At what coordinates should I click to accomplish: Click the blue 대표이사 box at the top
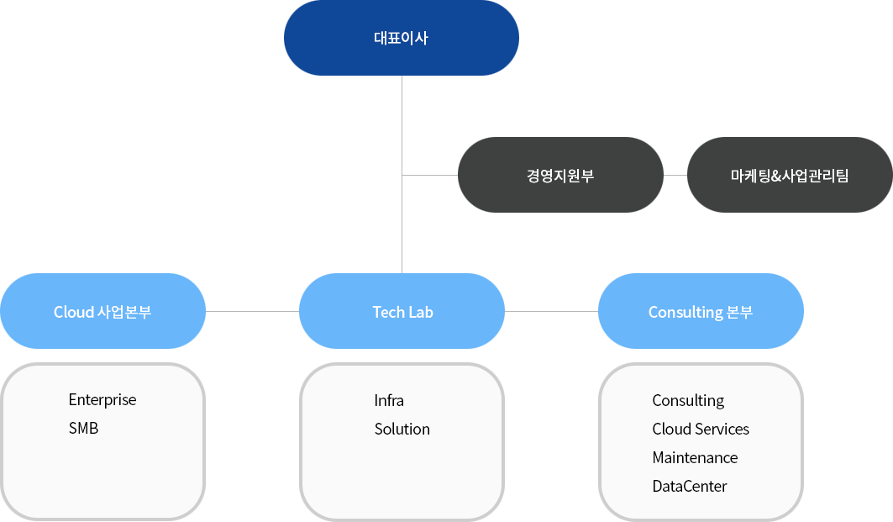(401, 38)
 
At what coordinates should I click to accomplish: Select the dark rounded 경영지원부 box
(560, 176)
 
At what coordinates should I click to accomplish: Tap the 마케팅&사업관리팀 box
(790, 176)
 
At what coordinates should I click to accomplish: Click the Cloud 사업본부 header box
(102, 312)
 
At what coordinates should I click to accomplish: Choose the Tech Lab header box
(402, 312)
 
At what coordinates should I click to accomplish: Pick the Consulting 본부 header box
(701, 312)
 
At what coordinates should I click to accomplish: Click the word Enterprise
(102, 400)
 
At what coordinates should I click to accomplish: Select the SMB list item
(83, 429)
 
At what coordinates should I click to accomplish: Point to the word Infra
(389, 401)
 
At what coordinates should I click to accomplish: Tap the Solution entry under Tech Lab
(402, 430)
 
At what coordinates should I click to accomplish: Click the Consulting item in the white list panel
(688, 401)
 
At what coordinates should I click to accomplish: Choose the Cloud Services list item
(701, 430)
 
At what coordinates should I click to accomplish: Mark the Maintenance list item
(695, 458)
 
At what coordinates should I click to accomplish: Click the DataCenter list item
(690, 487)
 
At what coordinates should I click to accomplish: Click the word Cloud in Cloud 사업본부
(74, 312)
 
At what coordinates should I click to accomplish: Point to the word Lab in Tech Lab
(420, 312)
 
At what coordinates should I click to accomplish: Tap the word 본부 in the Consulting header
(740, 312)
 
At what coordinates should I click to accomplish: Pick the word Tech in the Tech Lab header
(389, 312)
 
